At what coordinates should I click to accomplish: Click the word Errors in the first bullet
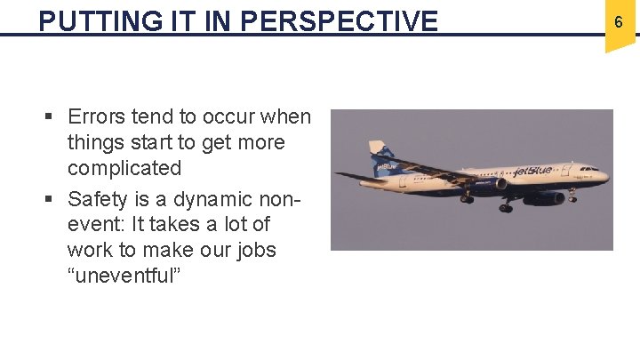pos(96,116)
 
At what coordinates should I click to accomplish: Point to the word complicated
pos(124,168)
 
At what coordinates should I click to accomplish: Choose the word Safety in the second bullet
pos(96,197)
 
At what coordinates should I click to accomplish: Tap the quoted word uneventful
pos(124,276)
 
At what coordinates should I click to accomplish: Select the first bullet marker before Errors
pos(51,117)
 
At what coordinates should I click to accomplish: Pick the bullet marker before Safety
pos(51,198)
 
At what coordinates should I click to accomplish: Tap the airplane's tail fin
pos(381,156)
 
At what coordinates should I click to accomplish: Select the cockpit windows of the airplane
pos(589,169)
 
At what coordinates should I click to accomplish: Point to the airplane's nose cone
pos(605,177)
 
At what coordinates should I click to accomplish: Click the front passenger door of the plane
pos(572,172)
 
